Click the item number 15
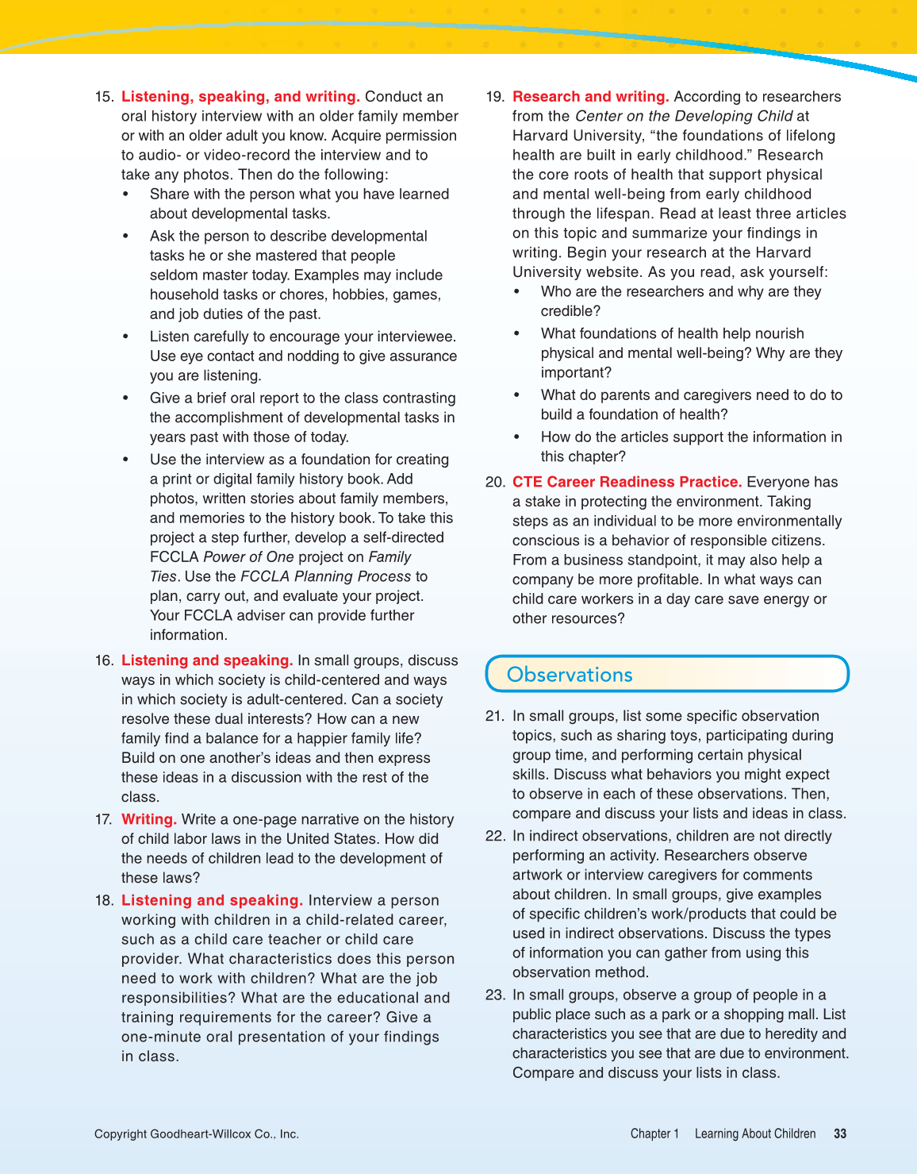[x=103, y=97]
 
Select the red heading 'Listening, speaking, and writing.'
[x=240, y=97]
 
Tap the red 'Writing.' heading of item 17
[x=148, y=819]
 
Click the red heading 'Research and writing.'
[x=590, y=97]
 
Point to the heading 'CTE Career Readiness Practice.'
[x=627, y=482]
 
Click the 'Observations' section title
[x=570, y=675]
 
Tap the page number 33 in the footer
[x=840, y=1134]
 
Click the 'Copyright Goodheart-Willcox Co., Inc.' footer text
[x=197, y=1134]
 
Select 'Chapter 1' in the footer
[x=654, y=1134]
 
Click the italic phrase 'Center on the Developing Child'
[x=684, y=116]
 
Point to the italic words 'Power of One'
[x=248, y=557]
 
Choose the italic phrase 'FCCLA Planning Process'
[x=325, y=576]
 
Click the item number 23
[x=494, y=995]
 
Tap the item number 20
[x=494, y=482]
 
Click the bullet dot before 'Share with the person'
[x=126, y=194]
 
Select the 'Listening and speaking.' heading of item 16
[x=207, y=660]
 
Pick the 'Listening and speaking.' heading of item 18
[x=212, y=900]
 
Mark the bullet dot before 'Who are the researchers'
[x=517, y=292]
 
